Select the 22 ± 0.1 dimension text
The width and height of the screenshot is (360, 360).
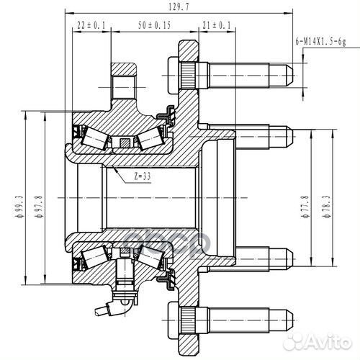(x=91, y=25)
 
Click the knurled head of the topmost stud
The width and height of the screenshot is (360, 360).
(x=185, y=72)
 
